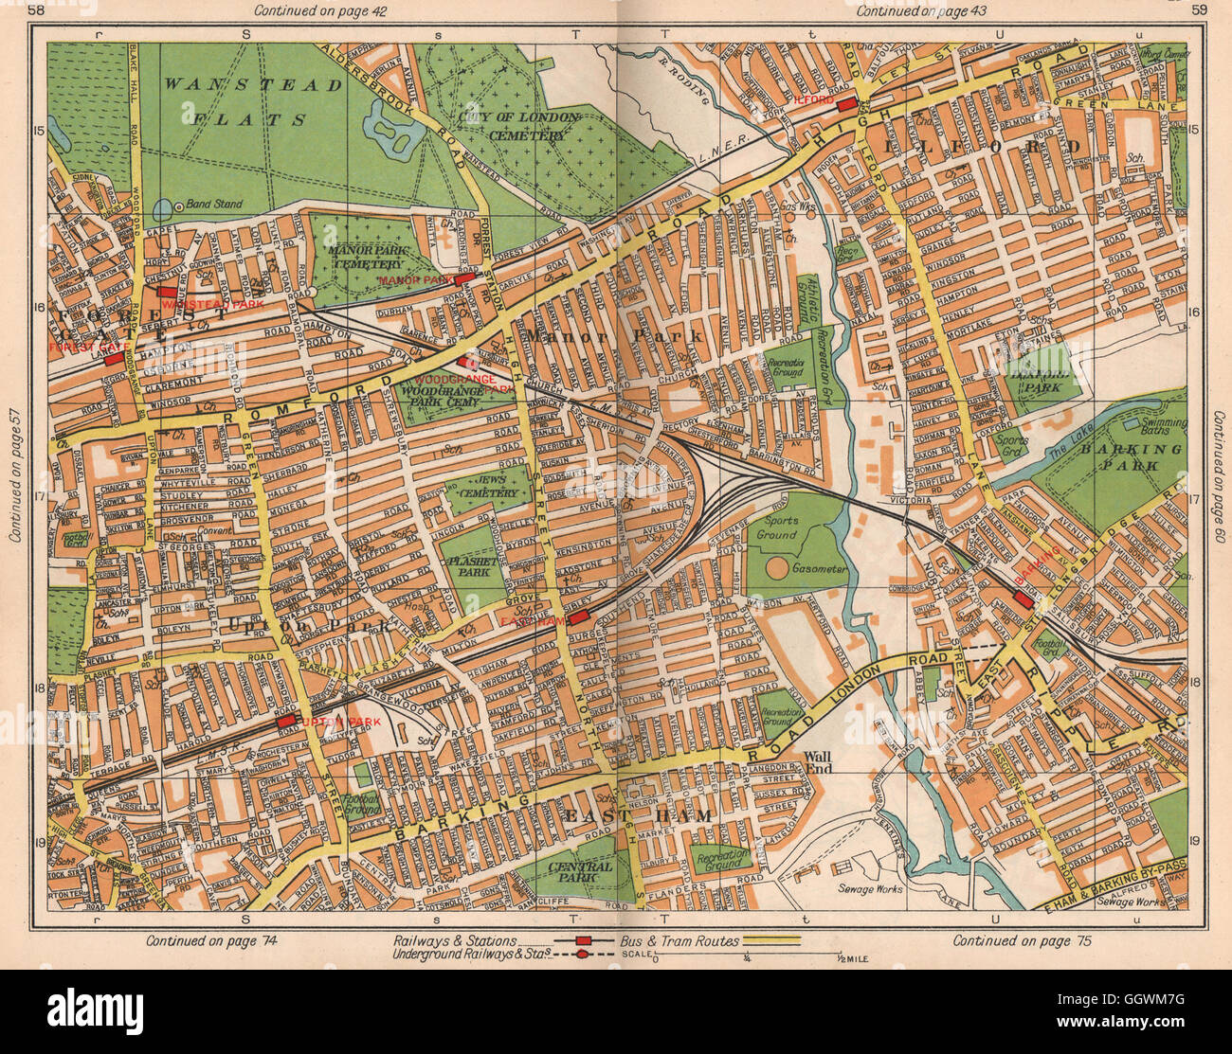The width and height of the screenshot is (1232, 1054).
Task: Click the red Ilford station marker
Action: [846, 103]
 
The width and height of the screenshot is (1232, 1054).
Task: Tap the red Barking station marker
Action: [1024, 600]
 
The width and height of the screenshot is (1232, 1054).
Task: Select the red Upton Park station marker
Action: [286, 722]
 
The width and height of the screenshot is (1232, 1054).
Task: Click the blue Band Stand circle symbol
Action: [166, 205]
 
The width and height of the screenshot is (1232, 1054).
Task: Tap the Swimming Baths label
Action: [1163, 427]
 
